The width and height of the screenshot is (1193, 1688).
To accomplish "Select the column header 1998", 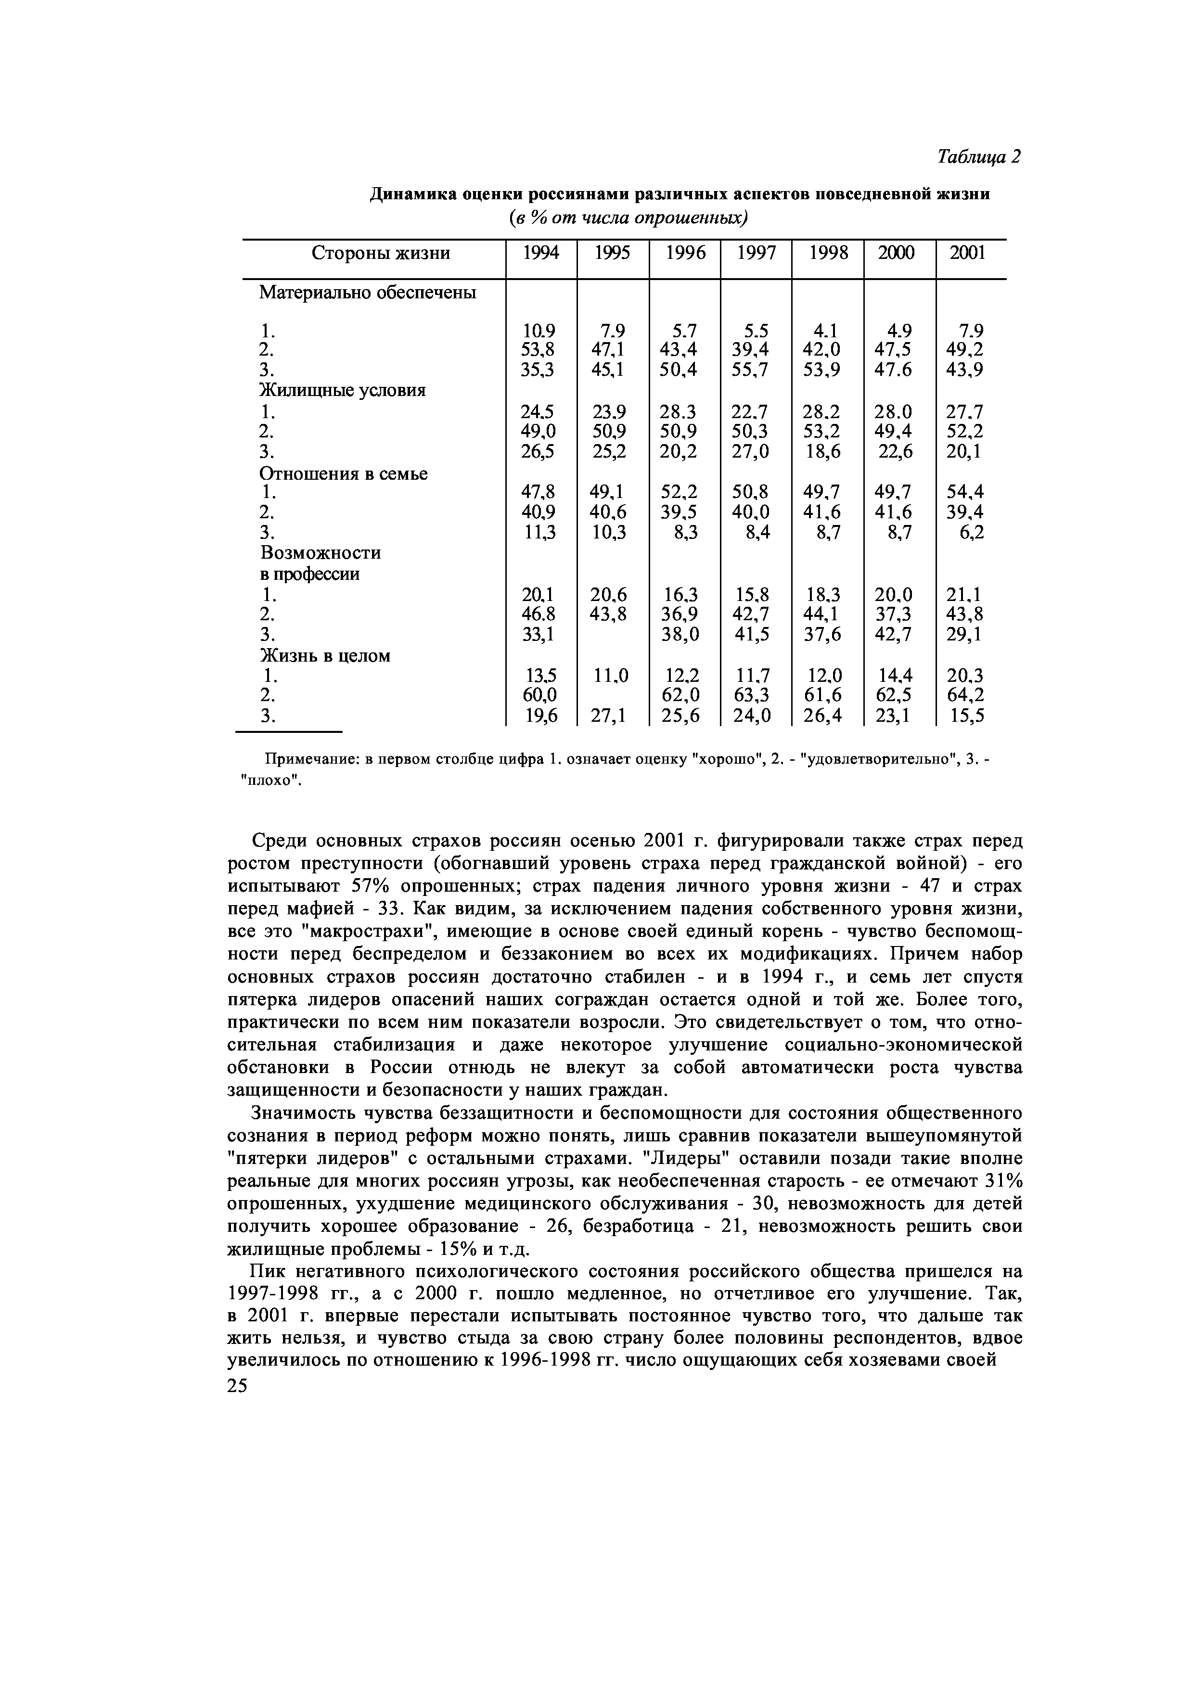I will point(828,253).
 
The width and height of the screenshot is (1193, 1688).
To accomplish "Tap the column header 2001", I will point(967,253).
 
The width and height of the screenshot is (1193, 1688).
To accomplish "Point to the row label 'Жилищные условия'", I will point(343,390).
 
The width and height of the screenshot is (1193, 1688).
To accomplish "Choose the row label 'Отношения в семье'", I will point(343,473).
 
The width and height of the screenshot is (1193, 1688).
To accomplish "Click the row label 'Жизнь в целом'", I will point(324,655).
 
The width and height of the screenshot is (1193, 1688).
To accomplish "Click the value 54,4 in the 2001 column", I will point(965,491).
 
